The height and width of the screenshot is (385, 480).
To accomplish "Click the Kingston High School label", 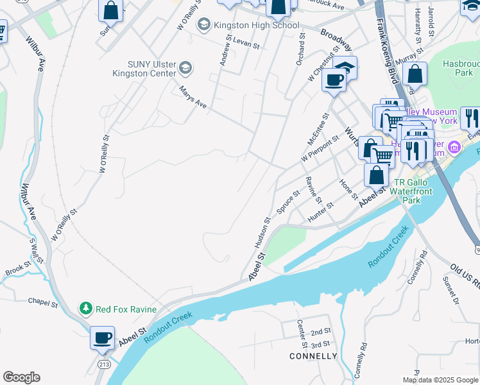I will (x=257, y=25).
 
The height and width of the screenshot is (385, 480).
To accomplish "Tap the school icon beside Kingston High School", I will (x=204, y=25).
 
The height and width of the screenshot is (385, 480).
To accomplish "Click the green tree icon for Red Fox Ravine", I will (x=85, y=309).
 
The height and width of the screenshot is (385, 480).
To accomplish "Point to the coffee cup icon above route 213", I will (x=102, y=338).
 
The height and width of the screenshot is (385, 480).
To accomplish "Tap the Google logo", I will (x=21, y=377).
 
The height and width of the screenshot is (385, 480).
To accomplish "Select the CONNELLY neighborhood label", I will (x=313, y=355).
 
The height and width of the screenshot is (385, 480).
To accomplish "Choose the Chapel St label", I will (x=43, y=300).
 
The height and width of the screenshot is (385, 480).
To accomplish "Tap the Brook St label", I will (x=18, y=268).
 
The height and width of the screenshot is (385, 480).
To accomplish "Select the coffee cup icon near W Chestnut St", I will (x=333, y=80).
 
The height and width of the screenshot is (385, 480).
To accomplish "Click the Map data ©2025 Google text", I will (x=440, y=380).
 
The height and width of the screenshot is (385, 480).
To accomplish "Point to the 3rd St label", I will (x=320, y=345).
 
